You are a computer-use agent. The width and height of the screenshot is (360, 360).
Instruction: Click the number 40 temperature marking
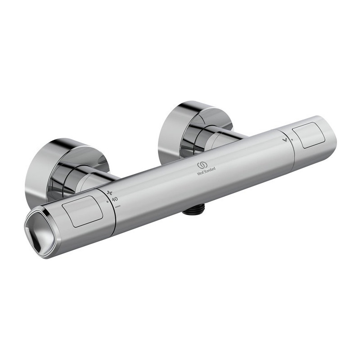pyautogui.click(x=115, y=199)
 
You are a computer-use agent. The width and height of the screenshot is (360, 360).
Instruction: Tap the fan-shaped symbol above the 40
pyautogui.click(x=110, y=193)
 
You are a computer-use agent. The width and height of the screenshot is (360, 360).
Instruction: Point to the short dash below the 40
pyautogui.click(x=118, y=207)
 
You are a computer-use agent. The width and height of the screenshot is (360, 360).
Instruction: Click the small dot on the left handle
pyautogui.click(x=108, y=202)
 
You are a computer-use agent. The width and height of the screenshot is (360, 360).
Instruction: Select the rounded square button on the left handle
pyautogui.click(x=83, y=211)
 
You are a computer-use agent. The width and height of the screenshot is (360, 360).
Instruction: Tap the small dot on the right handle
pyautogui.click(x=292, y=139)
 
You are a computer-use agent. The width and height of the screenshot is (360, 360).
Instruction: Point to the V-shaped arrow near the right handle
pyautogui.click(x=286, y=139)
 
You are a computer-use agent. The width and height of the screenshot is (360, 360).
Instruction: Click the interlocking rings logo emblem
pyautogui.click(x=202, y=165)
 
